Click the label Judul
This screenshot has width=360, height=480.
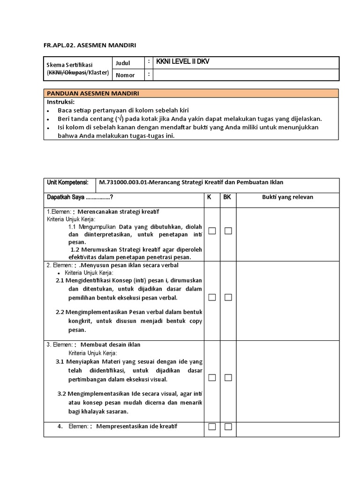coord(123,63)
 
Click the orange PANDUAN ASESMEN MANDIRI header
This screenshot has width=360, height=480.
coord(92,93)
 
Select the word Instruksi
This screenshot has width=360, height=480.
coord(60,102)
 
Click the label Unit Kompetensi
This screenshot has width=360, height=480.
coord(67,182)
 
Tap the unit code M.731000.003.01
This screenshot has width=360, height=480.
coord(123,182)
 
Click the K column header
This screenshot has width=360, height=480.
coord(209,197)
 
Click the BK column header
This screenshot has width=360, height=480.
coord(227,197)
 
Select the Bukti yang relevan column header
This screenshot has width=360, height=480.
coord(287,197)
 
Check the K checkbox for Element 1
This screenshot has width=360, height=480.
coord(212,231)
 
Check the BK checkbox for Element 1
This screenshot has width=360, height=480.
coord(228,231)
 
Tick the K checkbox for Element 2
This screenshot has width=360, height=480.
coord(212,297)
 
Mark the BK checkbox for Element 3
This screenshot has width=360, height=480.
coord(228,377)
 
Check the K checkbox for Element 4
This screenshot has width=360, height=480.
coord(212,427)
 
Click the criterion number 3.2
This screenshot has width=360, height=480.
coord(63,393)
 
